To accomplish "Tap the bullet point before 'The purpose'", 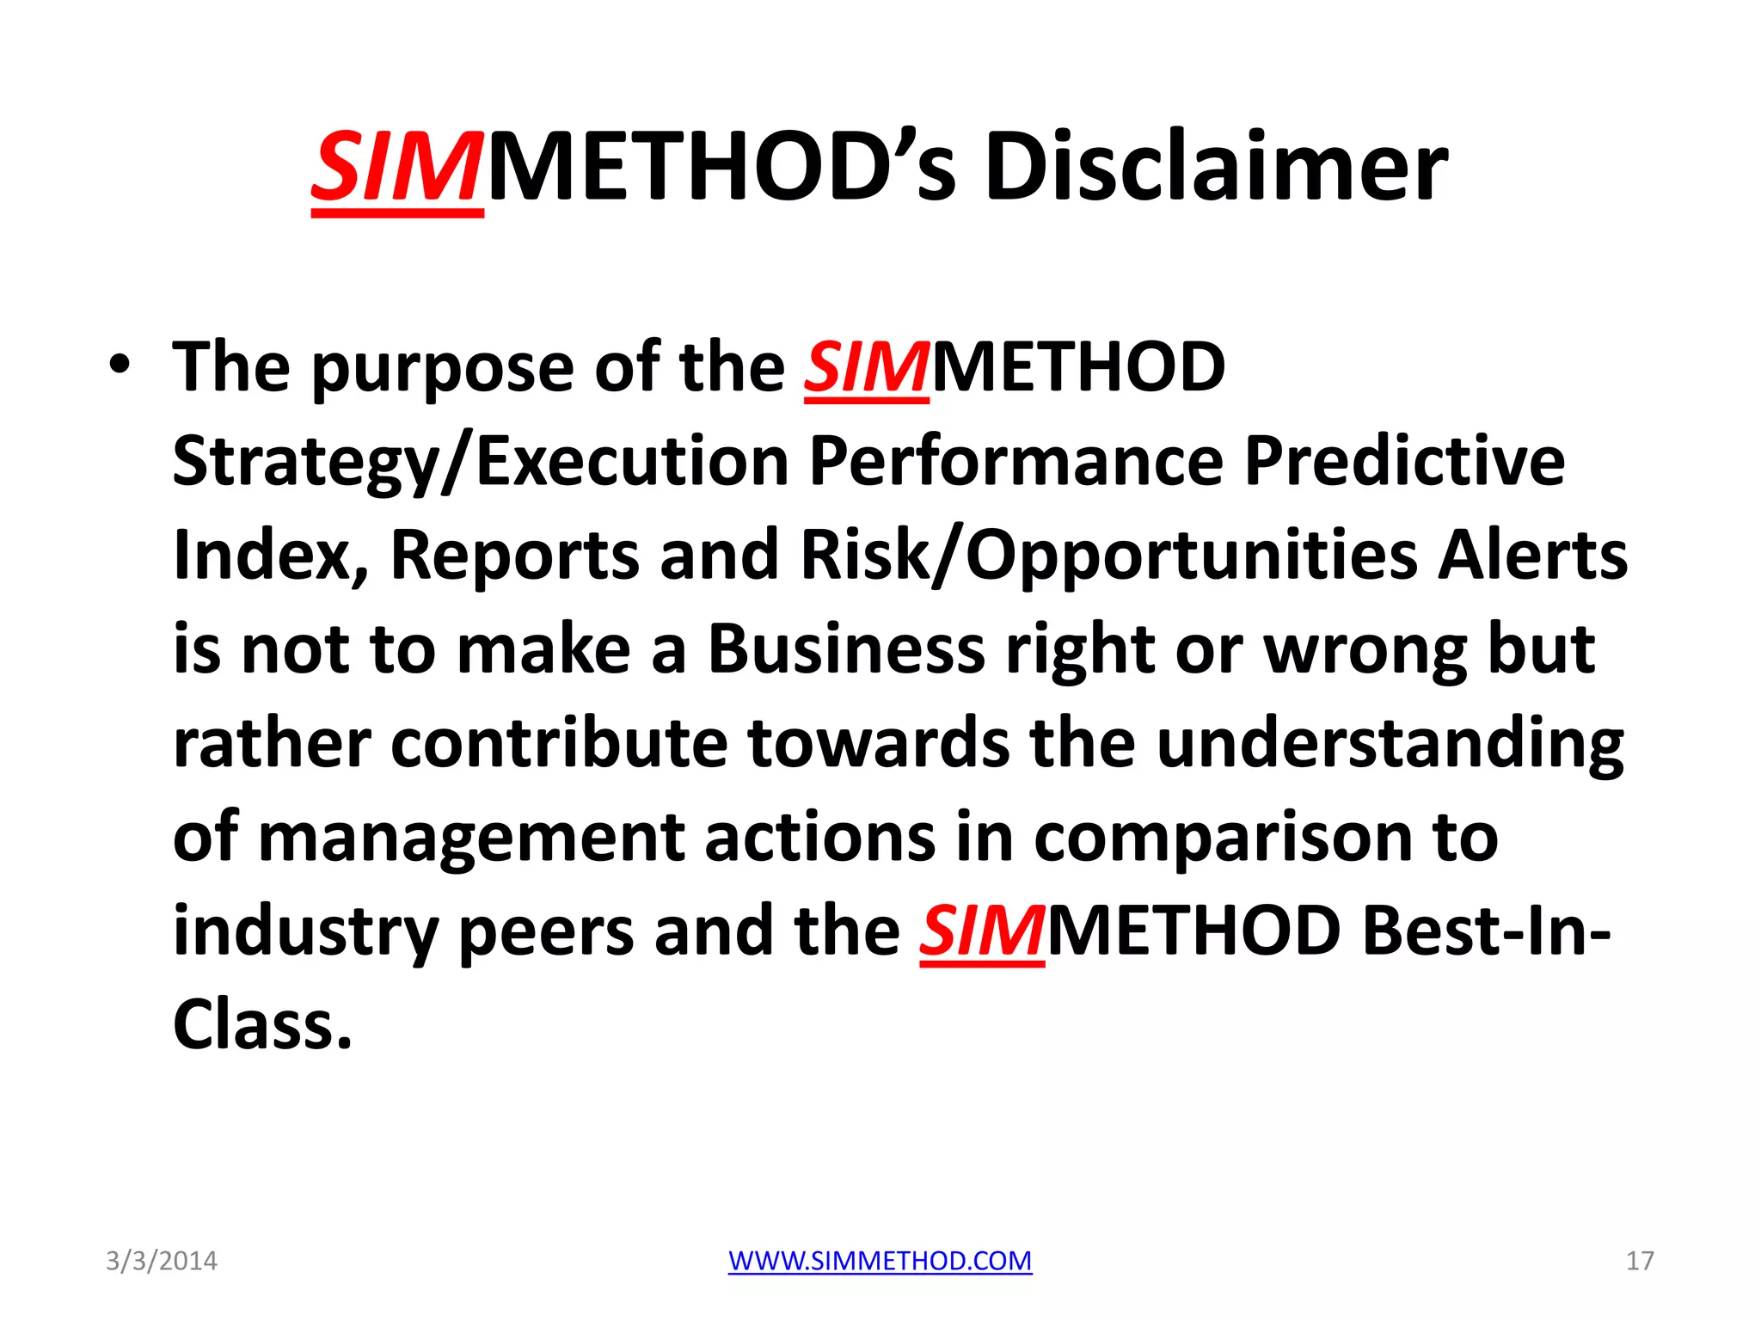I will pyautogui.click(x=120, y=365).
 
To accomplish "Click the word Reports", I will pyautogui.click(x=514, y=556).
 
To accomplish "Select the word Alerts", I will pyautogui.click(x=1533, y=556).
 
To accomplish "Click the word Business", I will pyautogui.click(x=846, y=650).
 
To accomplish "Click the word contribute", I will pyautogui.click(x=559, y=744).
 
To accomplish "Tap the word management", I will pyautogui.click(x=471, y=839).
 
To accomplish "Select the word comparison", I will pyautogui.click(x=1223, y=839).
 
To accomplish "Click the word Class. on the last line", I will pyautogui.click(x=262, y=1026).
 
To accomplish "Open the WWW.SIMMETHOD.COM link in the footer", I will pyautogui.click(x=880, y=1261).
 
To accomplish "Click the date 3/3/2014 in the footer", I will pyautogui.click(x=162, y=1261).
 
